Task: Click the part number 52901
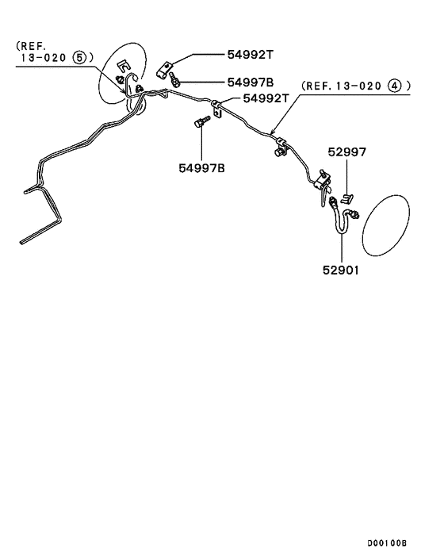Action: click(x=341, y=270)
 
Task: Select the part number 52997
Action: click(x=346, y=152)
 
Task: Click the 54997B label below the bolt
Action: click(x=202, y=167)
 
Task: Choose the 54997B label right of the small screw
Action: click(x=251, y=82)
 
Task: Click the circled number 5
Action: click(x=79, y=57)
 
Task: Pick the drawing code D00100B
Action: click(x=387, y=543)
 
